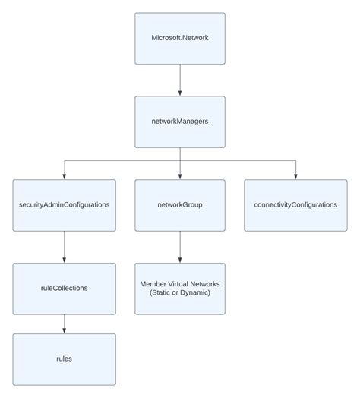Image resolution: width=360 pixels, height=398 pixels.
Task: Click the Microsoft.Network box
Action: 180,38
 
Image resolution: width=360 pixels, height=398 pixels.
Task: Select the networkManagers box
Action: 180,122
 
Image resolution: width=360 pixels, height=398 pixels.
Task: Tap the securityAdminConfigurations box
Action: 64,205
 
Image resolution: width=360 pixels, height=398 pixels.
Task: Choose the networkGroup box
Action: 180,205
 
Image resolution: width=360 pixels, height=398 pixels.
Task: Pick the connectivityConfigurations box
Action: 295,205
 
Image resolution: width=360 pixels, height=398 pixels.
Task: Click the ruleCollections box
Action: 64,289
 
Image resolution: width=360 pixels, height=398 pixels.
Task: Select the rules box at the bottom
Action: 64,359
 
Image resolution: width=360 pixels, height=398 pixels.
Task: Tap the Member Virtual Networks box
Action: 180,289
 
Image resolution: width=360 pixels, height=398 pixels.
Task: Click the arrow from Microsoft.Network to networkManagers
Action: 180,80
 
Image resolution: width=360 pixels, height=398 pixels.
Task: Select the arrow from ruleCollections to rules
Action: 64,324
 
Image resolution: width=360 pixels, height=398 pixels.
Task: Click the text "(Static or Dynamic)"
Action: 180,294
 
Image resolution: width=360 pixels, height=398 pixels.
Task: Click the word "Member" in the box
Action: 156,284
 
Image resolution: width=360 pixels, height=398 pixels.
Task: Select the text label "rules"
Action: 64,359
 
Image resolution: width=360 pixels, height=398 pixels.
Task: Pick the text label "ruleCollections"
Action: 64,289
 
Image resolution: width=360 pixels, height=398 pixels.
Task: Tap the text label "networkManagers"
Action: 180,122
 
